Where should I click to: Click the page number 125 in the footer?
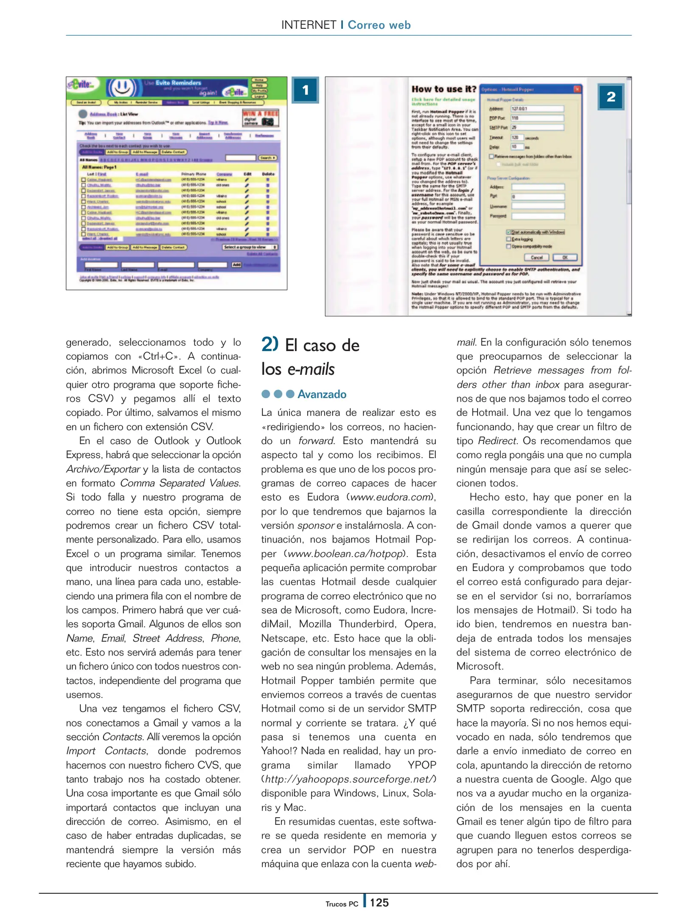[x=379, y=902]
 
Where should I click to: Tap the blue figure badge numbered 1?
[x=305, y=90]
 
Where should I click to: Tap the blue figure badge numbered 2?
[x=611, y=97]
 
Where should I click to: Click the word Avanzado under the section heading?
[x=322, y=394]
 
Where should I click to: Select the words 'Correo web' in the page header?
[x=379, y=25]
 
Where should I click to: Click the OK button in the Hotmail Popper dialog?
[x=565, y=257]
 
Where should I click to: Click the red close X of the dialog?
[x=577, y=89]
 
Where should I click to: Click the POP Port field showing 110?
[x=537, y=118]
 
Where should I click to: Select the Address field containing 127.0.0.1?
[x=537, y=109]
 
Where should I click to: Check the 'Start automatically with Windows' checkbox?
[x=508, y=232]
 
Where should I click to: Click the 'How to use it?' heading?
[x=444, y=89]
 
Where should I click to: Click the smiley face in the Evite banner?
[x=122, y=87]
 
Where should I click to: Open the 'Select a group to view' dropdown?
[x=250, y=247]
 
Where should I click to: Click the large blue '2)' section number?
[x=270, y=344]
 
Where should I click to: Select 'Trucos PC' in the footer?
[x=342, y=904]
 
